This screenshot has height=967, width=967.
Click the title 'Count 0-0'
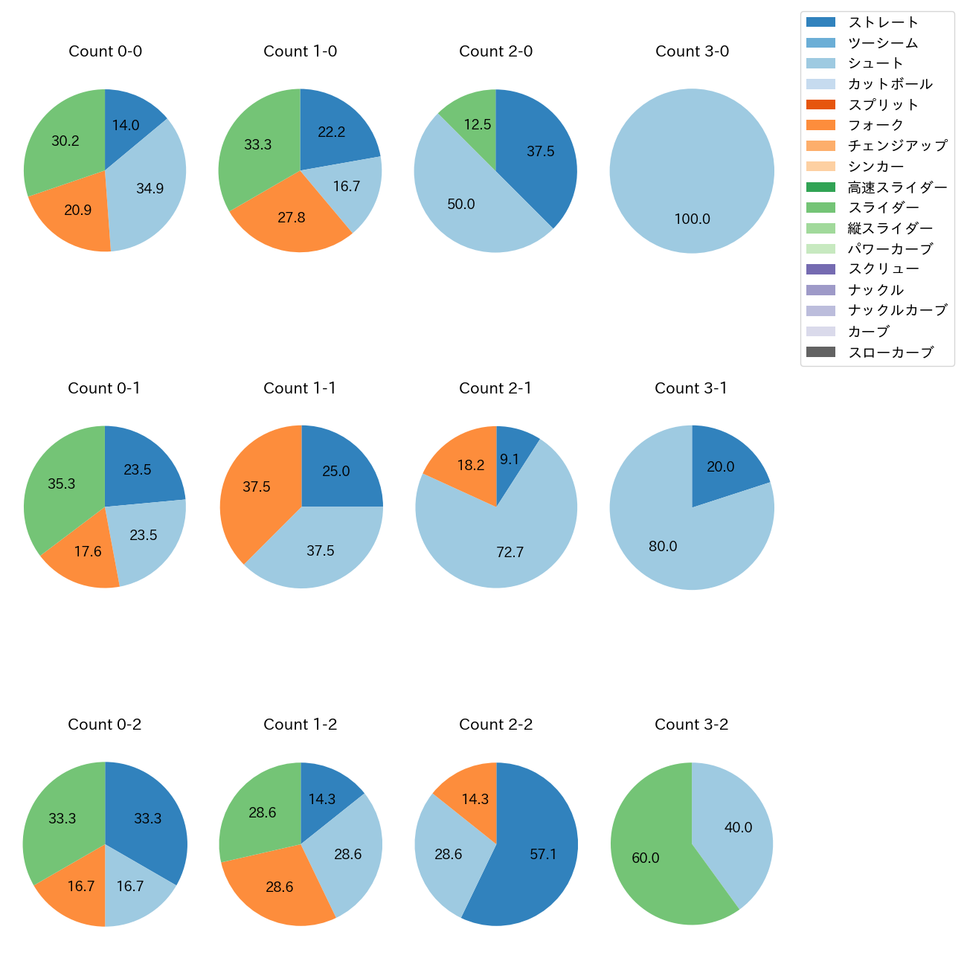tap(105, 51)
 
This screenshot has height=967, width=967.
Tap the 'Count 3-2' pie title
tap(691, 725)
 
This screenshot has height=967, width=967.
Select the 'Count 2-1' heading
tap(495, 388)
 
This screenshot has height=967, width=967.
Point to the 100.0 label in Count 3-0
tap(692, 219)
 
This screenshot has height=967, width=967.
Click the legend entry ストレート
tap(883, 22)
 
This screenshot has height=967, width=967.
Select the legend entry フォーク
tap(876, 125)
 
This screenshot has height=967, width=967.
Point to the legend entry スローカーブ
tap(890, 353)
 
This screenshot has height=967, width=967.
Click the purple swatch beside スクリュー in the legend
tap(820, 269)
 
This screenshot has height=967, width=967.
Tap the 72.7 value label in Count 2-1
tap(510, 553)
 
